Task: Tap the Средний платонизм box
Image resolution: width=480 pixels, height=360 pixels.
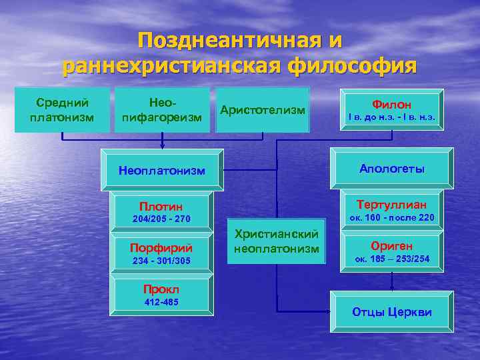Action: pos(62,110)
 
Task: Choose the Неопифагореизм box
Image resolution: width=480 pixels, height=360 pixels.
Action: pos(162,110)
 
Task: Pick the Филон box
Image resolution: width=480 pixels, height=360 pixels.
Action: pos(391,110)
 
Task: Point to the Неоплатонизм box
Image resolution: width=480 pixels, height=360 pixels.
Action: pos(162,170)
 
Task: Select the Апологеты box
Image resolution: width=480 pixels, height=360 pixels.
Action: pos(391,169)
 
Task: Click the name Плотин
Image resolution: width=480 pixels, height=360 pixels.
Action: pos(161,205)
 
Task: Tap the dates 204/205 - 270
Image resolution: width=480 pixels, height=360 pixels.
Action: pos(161,219)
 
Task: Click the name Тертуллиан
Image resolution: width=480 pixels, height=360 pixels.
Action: pos(391,204)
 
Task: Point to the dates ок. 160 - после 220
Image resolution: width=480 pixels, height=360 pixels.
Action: pos(391,217)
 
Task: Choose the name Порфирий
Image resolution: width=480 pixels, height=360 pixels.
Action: pos(161,247)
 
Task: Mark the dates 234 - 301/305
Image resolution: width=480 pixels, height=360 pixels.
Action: pos(161,260)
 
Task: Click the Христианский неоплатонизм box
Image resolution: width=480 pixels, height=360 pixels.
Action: pos(277,241)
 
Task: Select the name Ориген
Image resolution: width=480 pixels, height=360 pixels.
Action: pos(391,245)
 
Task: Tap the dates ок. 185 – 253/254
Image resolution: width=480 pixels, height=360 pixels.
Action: pos(391,259)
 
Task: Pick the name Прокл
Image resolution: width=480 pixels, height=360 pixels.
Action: pos(161,289)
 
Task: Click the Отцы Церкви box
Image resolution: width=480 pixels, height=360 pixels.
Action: pos(391,312)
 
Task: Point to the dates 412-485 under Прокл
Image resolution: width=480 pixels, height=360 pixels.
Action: pos(161,302)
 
